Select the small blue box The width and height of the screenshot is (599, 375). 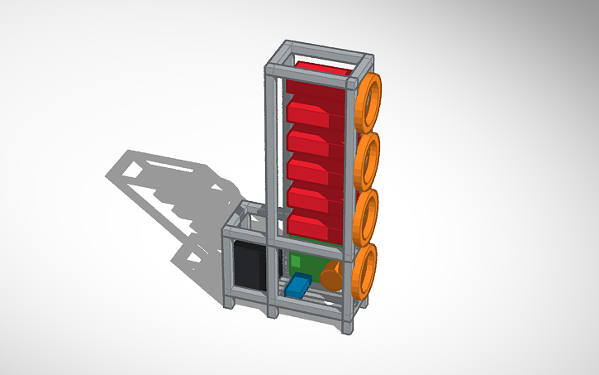(297, 286)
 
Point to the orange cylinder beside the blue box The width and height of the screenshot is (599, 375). (332, 276)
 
